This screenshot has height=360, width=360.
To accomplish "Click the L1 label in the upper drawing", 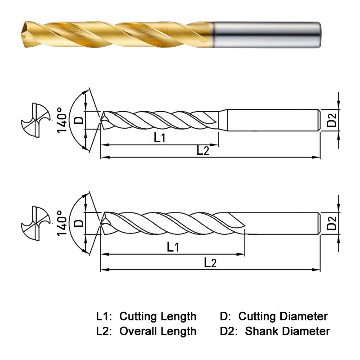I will point(160,138).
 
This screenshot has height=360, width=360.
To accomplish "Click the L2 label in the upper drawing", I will point(203,151).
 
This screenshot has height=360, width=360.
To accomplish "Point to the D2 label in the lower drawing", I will point(332,223).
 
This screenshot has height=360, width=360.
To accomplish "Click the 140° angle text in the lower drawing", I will point(62,223).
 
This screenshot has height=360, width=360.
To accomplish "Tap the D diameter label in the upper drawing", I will point(78,120).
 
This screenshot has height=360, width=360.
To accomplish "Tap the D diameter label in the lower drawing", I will point(78,223).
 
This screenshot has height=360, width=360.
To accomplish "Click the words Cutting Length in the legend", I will point(157,316).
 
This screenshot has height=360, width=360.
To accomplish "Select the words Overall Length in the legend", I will point(157,332).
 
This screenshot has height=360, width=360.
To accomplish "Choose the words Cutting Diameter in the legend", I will point(283,316).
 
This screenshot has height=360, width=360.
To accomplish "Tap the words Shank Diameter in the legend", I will point(287,332).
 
